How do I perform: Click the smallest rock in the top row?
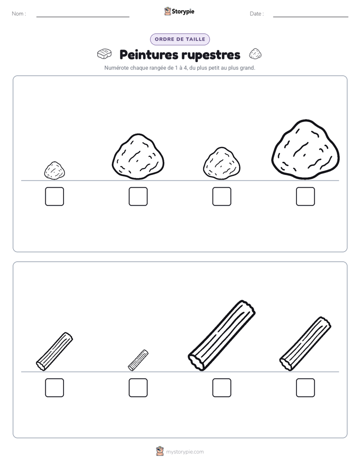[x=54, y=170]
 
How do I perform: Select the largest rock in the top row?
[x=306, y=150]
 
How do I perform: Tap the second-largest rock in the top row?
[x=138, y=157]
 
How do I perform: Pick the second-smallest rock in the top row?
[x=221, y=163]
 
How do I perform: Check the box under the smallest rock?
[x=54, y=197]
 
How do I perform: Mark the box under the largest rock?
[x=306, y=197]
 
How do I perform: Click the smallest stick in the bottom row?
[x=138, y=360]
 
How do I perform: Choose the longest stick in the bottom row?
[x=221, y=335]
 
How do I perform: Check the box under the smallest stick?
[x=138, y=388]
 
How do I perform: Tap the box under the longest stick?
[x=221, y=388]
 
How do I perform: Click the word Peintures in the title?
[x=149, y=54]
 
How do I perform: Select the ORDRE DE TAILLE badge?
[x=180, y=39]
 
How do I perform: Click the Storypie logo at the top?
[x=179, y=11]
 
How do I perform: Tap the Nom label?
[x=19, y=14]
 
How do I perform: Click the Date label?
[x=257, y=14]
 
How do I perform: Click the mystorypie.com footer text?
[x=185, y=452]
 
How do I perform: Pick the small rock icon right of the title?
[x=255, y=54]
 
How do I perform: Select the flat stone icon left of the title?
[x=104, y=54]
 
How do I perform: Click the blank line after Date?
[x=311, y=17]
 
